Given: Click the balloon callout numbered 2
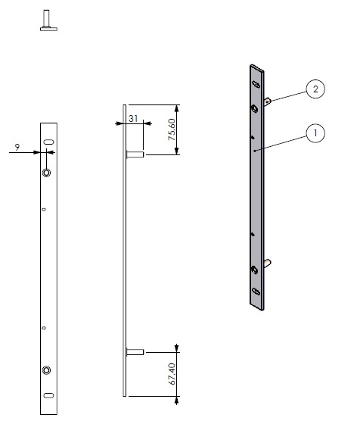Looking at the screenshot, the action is pyautogui.click(x=315, y=89).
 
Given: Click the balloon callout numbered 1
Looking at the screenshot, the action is pyautogui.click(x=315, y=133).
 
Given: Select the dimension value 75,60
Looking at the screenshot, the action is pyautogui.click(x=172, y=129).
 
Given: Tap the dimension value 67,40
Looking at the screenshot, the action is pyautogui.click(x=172, y=374).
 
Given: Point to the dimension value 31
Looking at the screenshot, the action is pyautogui.click(x=133, y=118).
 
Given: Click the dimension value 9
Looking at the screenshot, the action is pyautogui.click(x=17, y=148).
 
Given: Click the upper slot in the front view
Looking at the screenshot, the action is pyautogui.click(x=48, y=142).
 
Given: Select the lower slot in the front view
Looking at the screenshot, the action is pyautogui.click(x=48, y=395).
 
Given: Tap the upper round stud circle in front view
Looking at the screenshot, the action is pyautogui.click(x=46, y=173).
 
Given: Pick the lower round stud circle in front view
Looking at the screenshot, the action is pyautogui.click(x=46, y=370).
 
